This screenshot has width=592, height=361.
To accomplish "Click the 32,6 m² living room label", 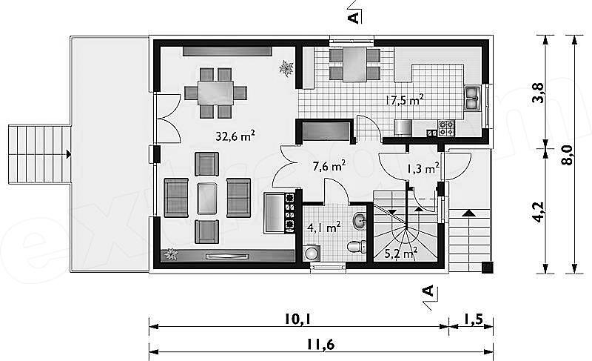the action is pos(235,136).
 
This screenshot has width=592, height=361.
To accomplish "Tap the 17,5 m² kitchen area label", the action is pos(404,100).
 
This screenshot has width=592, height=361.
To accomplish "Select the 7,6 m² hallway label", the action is pos(329,166).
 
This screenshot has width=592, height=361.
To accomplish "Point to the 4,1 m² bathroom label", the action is pos(324,228).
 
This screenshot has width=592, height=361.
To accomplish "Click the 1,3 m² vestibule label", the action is pos(423,168).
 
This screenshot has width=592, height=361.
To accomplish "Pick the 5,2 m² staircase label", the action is pos(400,254).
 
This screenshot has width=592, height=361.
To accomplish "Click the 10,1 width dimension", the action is pos(297,319).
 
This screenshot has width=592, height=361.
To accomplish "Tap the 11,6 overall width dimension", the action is pos(320,345).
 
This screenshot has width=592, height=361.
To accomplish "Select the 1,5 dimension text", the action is pos(473,319).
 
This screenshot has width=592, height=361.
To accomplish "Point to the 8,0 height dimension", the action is pos(567,155).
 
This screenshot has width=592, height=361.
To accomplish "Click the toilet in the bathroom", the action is pos(357,246).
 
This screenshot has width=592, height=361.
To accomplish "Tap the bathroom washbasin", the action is pos(360,220).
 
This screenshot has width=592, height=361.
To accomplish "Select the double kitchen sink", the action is pos(472,98).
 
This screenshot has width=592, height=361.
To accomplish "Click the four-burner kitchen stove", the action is pos(446,127).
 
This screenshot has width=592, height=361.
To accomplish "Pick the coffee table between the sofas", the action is pos(206,198).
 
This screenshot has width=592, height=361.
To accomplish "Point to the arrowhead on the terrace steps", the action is pos(68,154).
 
